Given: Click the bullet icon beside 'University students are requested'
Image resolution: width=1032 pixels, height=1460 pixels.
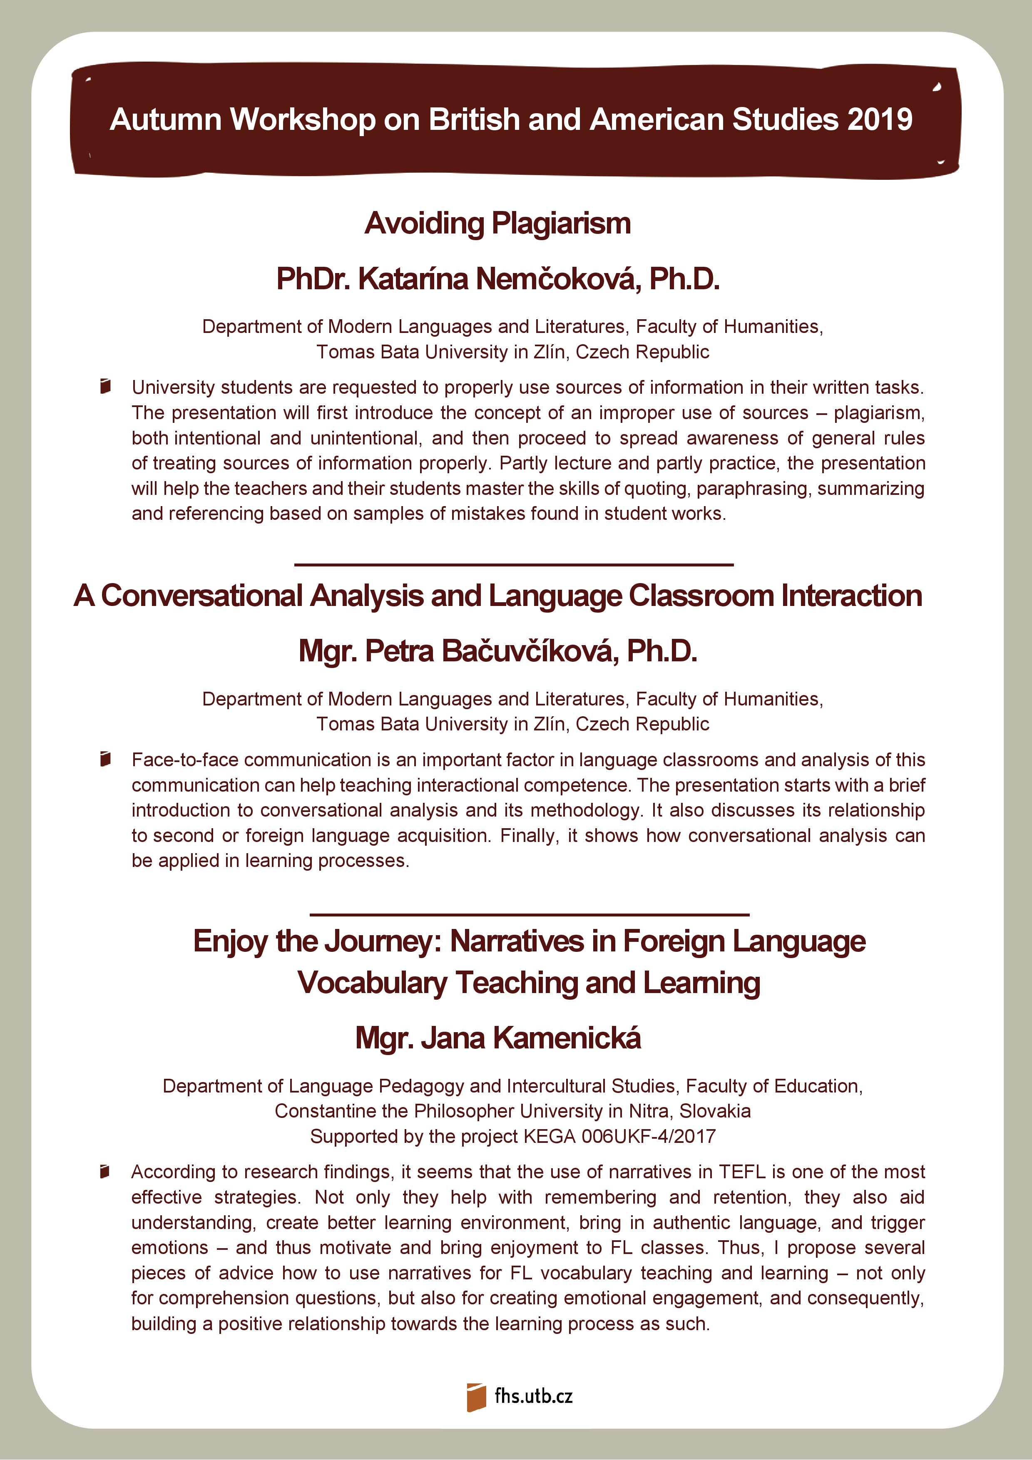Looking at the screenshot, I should (106, 386).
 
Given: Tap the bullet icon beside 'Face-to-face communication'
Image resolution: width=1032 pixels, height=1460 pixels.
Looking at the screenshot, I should (106, 759).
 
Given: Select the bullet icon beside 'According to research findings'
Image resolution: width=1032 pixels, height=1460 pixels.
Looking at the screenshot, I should (106, 1171).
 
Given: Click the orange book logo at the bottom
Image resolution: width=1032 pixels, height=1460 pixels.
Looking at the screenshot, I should (476, 1397).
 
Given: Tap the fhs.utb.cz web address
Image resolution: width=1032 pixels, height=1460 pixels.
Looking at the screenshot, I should (534, 1396).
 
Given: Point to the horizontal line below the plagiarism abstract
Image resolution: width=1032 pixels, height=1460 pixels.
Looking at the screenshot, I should (514, 564).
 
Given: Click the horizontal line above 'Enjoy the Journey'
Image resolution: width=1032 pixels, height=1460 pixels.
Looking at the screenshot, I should (529, 914).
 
